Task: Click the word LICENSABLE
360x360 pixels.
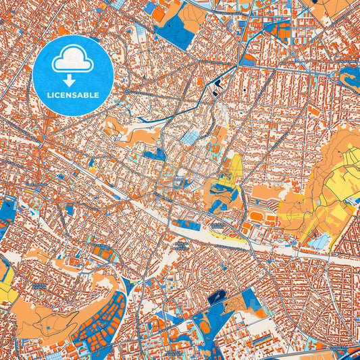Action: point(72,94)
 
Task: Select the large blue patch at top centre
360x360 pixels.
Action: point(176,31)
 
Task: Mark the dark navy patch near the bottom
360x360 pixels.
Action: point(217,297)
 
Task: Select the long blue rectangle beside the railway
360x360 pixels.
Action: point(186,224)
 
